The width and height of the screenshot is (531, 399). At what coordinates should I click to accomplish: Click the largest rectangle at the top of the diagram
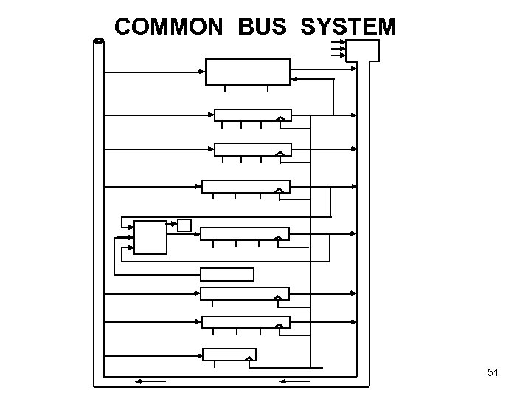click(x=247, y=72)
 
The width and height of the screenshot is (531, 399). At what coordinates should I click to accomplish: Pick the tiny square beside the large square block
click(x=184, y=225)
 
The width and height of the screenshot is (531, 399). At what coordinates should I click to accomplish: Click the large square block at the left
click(x=150, y=237)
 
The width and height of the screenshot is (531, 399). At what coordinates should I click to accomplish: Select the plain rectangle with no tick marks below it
click(x=227, y=274)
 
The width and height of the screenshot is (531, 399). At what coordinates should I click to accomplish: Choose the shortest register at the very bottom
click(x=229, y=354)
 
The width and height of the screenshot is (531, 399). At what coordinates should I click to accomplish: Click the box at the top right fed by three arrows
click(x=363, y=50)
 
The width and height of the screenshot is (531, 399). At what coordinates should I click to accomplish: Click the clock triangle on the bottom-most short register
click(x=250, y=360)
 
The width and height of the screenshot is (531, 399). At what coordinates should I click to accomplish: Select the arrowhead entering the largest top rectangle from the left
click(x=202, y=72)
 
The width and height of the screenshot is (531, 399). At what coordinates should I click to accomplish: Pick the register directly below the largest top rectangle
click(x=252, y=115)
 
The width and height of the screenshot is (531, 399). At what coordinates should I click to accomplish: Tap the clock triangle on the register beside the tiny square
click(x=278, y=237)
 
